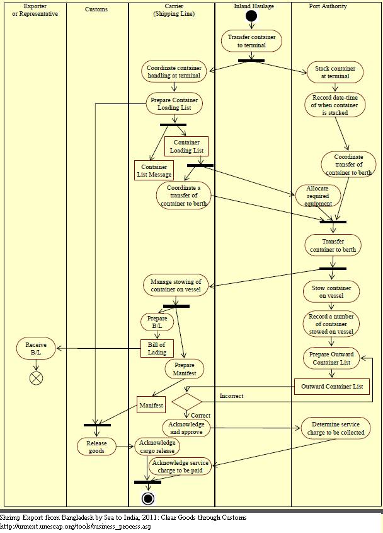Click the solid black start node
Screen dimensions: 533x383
tap(251, 15)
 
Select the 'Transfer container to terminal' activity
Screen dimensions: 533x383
tap(251, 41)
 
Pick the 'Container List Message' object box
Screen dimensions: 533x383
tap(154, 170)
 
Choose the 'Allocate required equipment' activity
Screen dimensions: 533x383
tap(318, 196)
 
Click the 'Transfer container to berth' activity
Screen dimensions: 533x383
tap(333, 245)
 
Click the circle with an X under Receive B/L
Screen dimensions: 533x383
tap(36, 378)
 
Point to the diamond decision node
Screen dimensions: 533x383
tap(186, 401)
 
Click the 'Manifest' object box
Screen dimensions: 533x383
tap(151, 405)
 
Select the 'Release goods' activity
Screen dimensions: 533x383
tap(97, 447)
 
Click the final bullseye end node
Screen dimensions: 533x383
tap(148, 499)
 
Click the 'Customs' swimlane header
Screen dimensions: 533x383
tap(96, 9)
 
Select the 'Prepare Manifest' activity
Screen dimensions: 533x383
tap(185, 369)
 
